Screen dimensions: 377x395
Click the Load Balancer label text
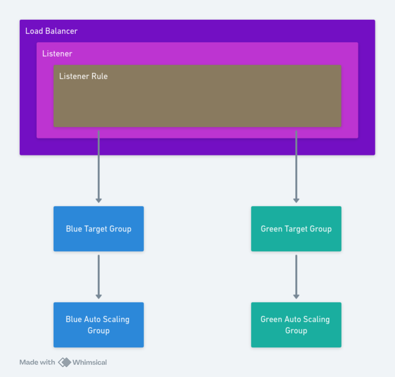pyautogui.click(x=51, y=31)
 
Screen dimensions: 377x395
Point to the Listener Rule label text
pyautogui.click(x=83, y=76)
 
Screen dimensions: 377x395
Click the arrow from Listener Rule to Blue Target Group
pyautogui.click(x=98, y=165)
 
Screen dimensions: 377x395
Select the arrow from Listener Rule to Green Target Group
pyautogui.click(x=296, y=165)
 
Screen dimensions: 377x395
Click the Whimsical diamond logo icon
pyautogui.click(x=64, y=362)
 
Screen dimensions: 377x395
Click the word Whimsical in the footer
pyautogui.click(x=89, y=362)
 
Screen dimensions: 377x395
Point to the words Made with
pyautogui.click(x=37, y=362)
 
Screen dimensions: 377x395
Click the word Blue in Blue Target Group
pyautogui.click(x=74, y=229)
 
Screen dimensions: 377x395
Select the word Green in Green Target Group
pyautogui.click(x=272, y=229)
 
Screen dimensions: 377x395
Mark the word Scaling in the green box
pyautogui.click(x=316, y=320)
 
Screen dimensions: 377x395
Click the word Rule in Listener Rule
pyautogui.click(x=99, y=76)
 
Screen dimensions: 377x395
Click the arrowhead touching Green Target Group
pyautogui.click(x=296, y=200)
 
